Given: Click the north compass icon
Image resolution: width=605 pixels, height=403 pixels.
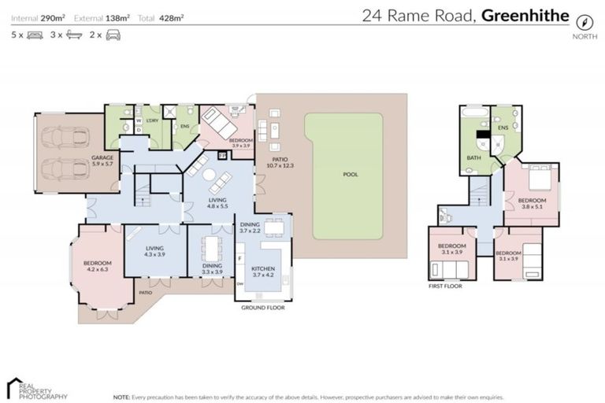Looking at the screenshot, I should (584, 22).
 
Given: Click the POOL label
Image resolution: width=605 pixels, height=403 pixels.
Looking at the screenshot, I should (350, 175).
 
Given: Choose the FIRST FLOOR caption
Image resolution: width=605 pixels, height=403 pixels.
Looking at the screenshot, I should (445, 287).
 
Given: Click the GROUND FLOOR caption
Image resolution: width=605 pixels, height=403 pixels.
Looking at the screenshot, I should (263, 308).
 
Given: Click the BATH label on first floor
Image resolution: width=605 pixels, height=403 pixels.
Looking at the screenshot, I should (473, 157).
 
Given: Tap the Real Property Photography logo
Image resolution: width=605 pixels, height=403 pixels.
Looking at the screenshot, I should (35, 387).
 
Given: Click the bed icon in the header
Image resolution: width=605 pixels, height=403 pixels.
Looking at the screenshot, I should (35, 35).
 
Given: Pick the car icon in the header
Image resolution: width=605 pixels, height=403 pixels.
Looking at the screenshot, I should (113, 35).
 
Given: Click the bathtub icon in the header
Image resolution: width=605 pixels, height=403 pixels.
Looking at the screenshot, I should (74, 35).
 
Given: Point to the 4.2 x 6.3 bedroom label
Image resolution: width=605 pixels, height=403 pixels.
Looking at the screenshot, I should (99, 266).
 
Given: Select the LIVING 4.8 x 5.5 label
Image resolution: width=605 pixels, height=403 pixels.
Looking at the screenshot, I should (217, 205).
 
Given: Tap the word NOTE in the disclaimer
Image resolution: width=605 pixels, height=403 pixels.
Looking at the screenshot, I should (121, 397).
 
